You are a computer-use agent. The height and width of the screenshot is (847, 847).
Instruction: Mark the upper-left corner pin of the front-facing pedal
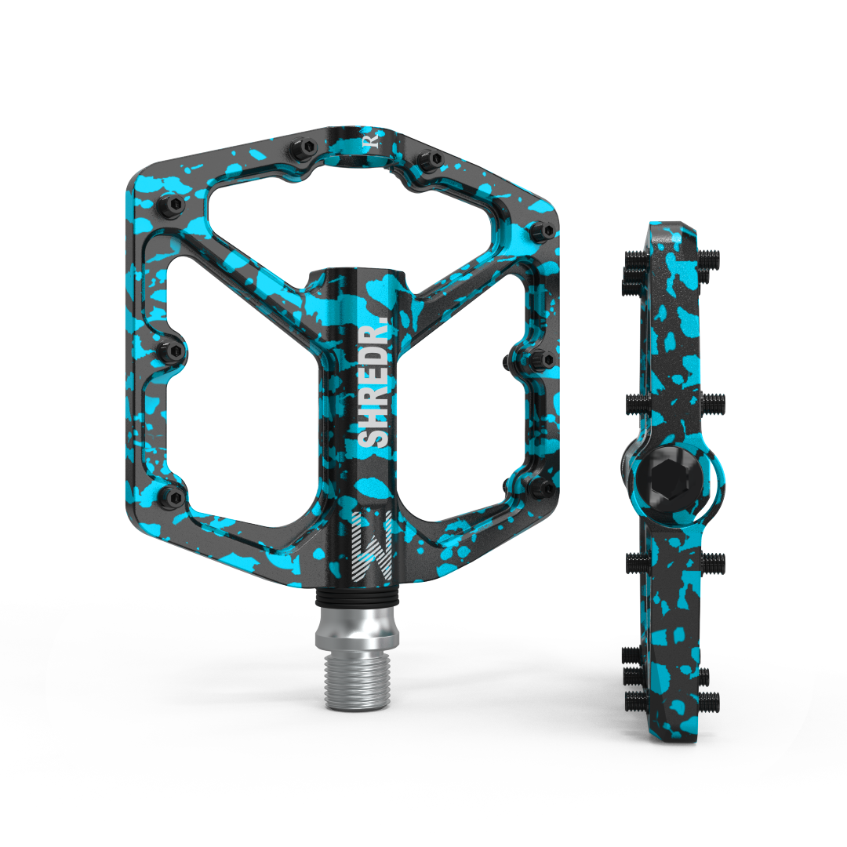point(173,205)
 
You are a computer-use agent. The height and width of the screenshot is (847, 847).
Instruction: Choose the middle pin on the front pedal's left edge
point(172,349)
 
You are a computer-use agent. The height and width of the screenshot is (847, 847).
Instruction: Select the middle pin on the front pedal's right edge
point(541,360)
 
